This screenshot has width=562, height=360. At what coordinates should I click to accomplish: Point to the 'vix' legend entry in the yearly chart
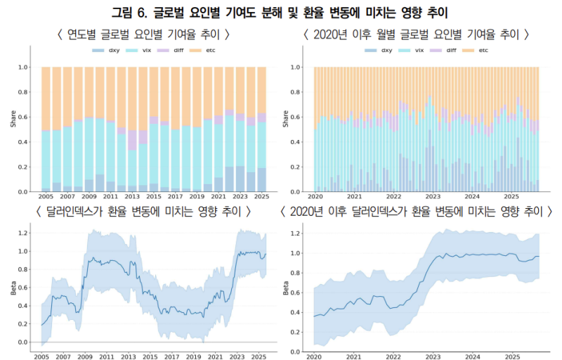click(x=141, y=51)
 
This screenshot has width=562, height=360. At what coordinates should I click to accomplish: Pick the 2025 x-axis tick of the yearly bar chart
click(x=261, y=198)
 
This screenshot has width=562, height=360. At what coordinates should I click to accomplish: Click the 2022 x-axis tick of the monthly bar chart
click(x=394, y=198)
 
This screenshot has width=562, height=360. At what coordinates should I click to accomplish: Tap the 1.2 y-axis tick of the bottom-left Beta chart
click(x=23, y=233)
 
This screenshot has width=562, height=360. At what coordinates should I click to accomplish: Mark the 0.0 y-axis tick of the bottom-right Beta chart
click(x=296, y=342)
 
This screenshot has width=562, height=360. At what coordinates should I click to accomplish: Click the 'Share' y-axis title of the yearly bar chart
click(x=13, y=120)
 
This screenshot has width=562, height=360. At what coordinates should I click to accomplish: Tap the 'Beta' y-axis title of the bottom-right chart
click(x=285, y=288)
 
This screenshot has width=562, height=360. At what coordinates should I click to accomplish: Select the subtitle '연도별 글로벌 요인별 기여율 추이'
click(x=144, y=34)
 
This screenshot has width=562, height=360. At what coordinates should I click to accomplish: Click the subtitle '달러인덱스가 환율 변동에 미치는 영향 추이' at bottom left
click(x=139, y=212)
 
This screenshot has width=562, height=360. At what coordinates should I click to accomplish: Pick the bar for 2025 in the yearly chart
click(x=261, y=129)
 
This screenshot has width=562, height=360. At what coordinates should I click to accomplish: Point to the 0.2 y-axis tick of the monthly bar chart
click(x=296, y=167)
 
